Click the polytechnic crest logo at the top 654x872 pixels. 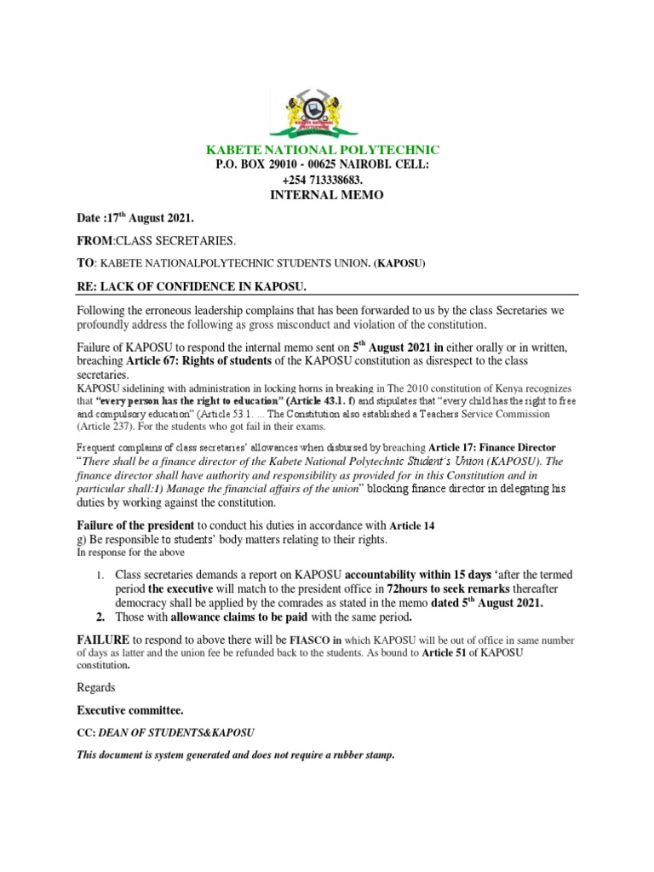pos(325,108)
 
